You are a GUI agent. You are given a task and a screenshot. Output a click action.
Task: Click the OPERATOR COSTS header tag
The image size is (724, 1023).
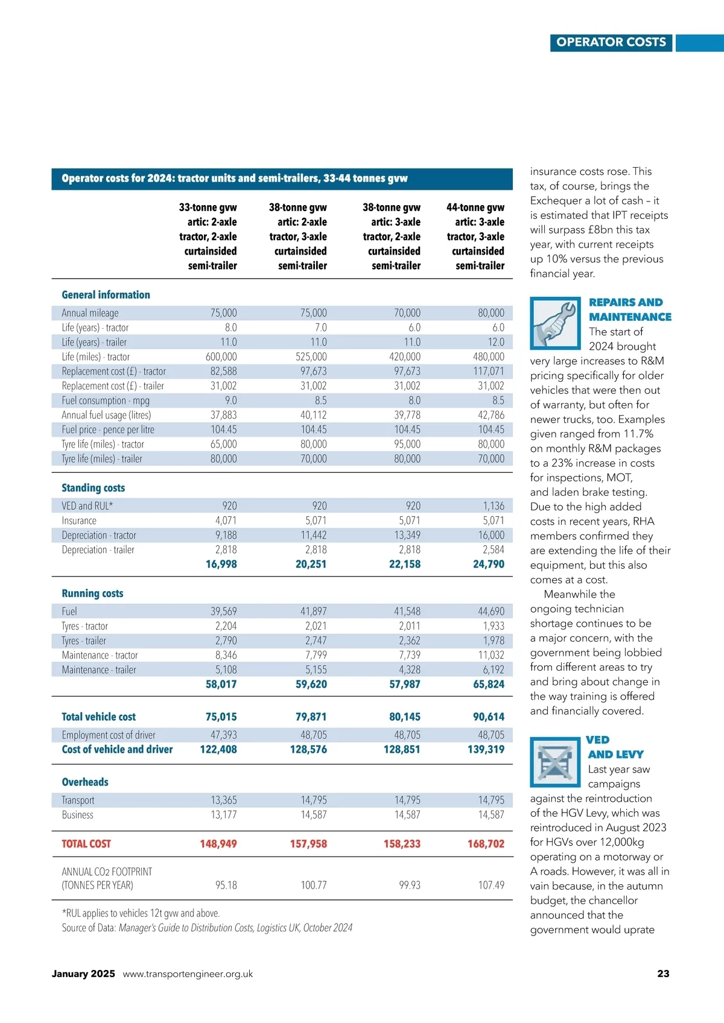611,42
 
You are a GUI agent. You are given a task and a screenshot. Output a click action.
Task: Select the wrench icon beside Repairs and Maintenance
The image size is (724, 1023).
555,323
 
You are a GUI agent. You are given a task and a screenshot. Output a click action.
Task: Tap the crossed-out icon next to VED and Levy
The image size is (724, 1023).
555,761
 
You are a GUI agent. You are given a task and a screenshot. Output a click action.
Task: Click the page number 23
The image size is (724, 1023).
663,974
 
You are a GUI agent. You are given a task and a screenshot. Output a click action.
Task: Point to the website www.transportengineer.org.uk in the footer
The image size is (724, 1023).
188,974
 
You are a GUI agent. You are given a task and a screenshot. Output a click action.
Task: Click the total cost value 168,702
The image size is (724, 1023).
486,844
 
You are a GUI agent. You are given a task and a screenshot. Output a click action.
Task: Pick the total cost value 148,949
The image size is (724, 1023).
218,844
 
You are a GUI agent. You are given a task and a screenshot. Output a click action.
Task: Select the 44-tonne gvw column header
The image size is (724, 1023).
475,236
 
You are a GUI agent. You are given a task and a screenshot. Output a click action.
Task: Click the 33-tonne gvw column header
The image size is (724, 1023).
208,236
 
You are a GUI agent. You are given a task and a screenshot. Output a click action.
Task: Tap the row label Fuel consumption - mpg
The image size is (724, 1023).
106,401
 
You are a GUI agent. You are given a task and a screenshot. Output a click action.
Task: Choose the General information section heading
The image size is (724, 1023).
106,295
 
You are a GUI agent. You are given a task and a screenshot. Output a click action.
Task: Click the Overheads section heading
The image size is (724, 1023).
85,782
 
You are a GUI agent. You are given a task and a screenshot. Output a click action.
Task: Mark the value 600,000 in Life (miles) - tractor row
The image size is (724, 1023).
221,356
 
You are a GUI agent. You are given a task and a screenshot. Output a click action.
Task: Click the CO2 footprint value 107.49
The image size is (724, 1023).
491,885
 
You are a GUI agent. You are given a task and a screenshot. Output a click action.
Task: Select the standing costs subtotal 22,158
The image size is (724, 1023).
405,564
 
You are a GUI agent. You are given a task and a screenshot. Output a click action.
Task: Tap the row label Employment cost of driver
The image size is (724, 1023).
109,735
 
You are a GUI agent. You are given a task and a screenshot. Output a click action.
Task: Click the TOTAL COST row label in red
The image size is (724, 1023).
86,844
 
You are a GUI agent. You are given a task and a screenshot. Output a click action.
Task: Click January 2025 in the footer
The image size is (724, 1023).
83,974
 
